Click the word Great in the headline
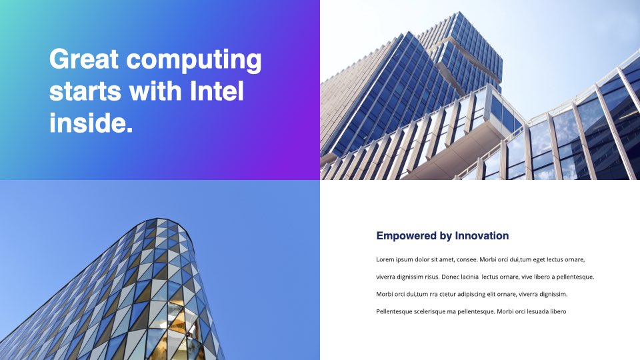[84, 59]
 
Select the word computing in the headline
[194, 61]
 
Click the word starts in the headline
[85, 91]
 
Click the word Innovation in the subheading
[481, 235]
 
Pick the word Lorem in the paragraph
[385, 259]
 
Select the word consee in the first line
[467, 259]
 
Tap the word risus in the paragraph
[432, 277]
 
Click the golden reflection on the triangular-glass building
[179, 323]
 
